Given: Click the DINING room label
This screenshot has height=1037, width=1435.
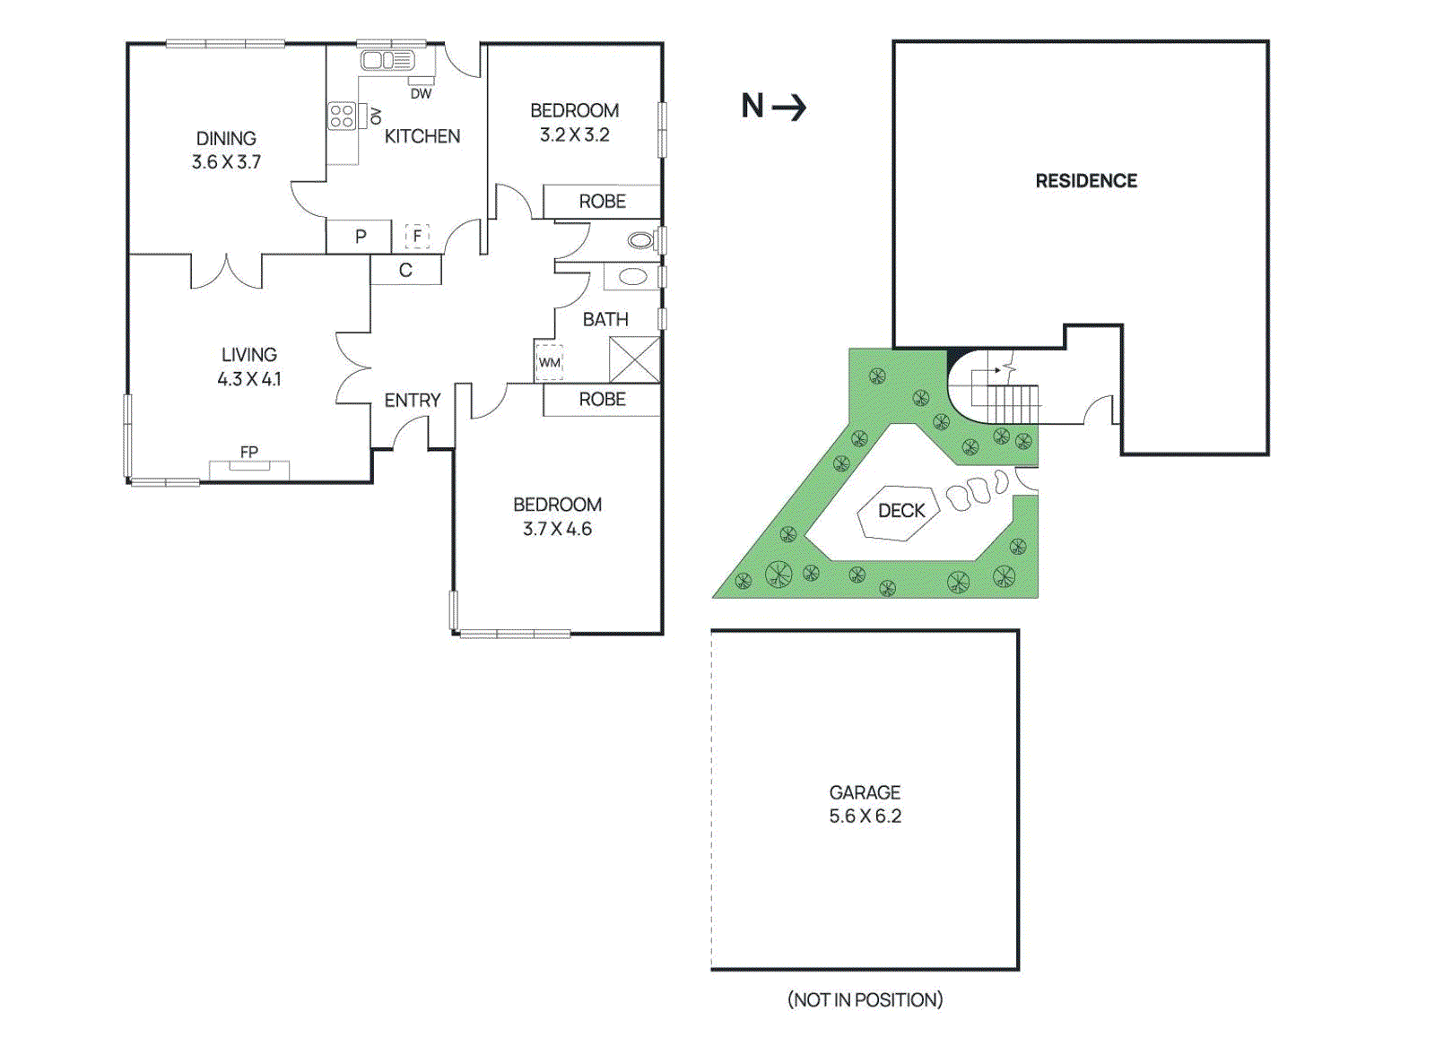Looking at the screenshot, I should click(x=226, y=139).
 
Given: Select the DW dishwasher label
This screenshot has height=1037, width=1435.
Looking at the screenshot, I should click(x=421, y=93).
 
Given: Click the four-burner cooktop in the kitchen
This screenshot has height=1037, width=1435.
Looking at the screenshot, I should click(x=342, y=116).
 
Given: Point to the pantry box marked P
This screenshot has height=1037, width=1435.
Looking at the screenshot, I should click(x=360, y=237).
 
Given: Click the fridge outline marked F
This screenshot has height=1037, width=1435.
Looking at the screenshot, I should click(x=417, y=236).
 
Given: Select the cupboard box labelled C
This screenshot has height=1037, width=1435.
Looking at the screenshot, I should click(x=405, y=270).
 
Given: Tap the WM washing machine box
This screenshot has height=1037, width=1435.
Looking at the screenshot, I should click(x=549, y=362).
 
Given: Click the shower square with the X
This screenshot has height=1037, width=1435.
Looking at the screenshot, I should click(x=634, y=359).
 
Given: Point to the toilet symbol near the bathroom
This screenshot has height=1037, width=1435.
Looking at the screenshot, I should click(x=640, y=240).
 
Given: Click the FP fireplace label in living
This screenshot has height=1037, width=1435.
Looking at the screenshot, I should click(x=249, y=452).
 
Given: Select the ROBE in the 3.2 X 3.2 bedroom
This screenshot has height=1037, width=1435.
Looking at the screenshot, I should click(x=602, y=202).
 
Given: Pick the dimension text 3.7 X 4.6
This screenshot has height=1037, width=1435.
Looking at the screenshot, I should click(x=557, y=529).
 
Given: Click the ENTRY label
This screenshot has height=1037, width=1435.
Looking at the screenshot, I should click(x=413, y=401).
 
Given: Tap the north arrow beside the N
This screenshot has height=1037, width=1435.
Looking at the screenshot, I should click(x=789, y=108).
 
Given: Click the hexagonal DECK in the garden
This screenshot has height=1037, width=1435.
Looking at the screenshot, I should click(x=900, y=512).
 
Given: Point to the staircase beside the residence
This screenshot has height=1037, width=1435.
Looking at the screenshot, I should click(x=1012, y=402).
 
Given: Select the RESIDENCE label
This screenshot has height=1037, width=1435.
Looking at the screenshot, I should click(x=1086, y=181).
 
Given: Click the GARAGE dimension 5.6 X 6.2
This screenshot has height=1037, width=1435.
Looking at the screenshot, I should click(x=865, y=817).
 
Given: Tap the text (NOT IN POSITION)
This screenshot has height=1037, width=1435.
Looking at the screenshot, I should click(x=865, y=999).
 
